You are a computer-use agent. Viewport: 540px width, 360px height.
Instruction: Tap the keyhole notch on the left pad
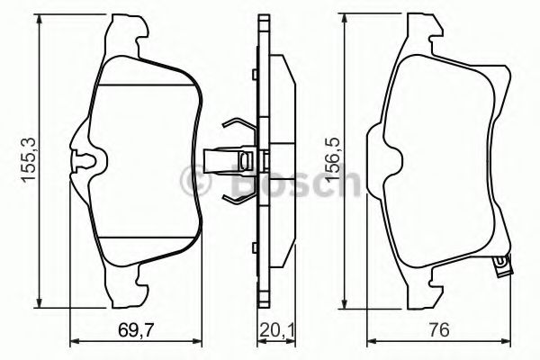pyautogui.click(x=84, y=163)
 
